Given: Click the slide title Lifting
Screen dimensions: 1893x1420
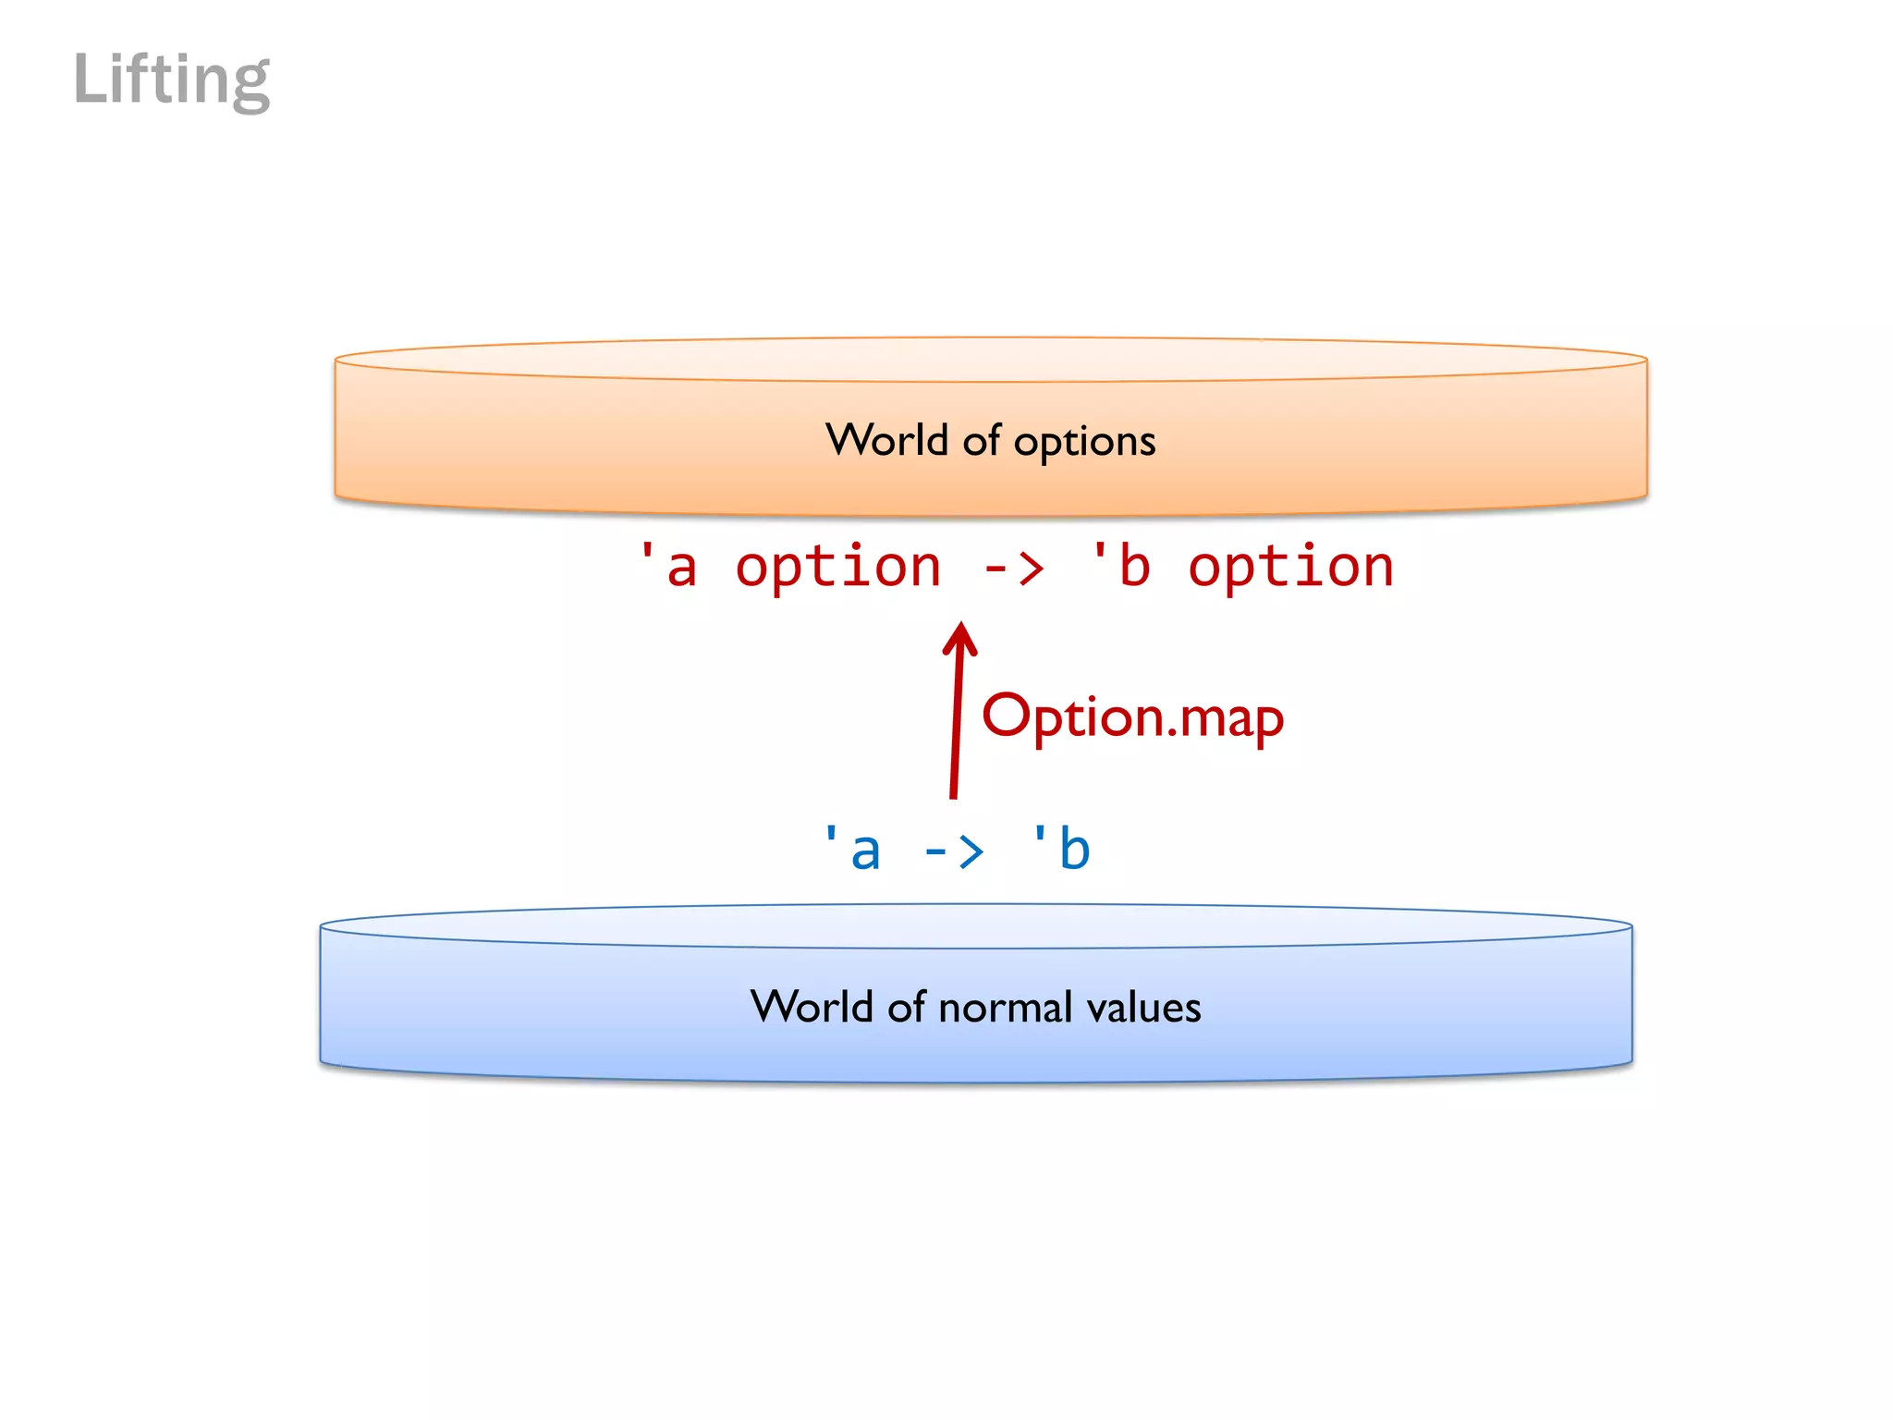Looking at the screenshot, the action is [172, 80].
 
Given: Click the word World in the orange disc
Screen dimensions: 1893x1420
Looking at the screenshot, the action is [886, 440].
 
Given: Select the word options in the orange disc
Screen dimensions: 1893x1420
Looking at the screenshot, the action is [1084, 442].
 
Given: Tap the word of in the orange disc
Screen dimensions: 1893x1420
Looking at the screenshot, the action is [982, 440].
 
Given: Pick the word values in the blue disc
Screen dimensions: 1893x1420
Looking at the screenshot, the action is [1143, 1007].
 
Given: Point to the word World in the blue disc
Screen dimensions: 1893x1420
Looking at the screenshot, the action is [812, 1006].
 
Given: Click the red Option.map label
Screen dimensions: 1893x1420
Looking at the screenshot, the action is [1132, 716].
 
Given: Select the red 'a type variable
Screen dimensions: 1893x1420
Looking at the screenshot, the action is [669, 566].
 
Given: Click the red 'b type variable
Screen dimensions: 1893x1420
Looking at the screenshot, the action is [1121, 566].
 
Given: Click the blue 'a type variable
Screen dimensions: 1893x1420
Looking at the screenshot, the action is [852, 849].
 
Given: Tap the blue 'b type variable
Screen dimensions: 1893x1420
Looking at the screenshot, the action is [1061, 849].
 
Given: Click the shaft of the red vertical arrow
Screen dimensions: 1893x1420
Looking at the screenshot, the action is [956, 730].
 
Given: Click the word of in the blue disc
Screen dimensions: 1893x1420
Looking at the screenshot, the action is [907, 1007].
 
